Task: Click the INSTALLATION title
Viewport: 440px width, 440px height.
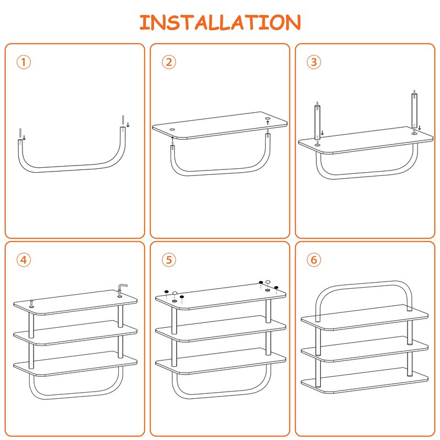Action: (x=220, y=22)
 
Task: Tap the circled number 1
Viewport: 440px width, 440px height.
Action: (x=24, y=62)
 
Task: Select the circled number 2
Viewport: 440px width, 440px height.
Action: (x=169, y=62)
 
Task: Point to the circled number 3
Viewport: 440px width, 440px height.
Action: (x=313, y=62)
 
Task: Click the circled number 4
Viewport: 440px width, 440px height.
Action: (x=24, y=260)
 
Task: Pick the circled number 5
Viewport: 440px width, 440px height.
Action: (x=169, y=260)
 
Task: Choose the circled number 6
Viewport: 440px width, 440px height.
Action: (x=313, y=260)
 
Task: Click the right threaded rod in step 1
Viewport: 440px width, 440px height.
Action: (x=123, y=120)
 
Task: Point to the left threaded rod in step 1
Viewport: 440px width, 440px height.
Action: (x=20, y=133)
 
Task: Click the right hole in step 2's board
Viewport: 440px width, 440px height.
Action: (x=267, y=119)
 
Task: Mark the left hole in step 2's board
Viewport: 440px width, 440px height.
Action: (x=172, y=130)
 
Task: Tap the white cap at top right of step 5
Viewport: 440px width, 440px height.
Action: (x=268, y=282)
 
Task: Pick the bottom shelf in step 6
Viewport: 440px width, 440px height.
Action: (x=365, y=380)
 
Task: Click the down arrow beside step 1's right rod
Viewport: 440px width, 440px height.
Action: (x=128, y=125)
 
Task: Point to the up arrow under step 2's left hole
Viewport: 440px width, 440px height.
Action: (x=172, y=139)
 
